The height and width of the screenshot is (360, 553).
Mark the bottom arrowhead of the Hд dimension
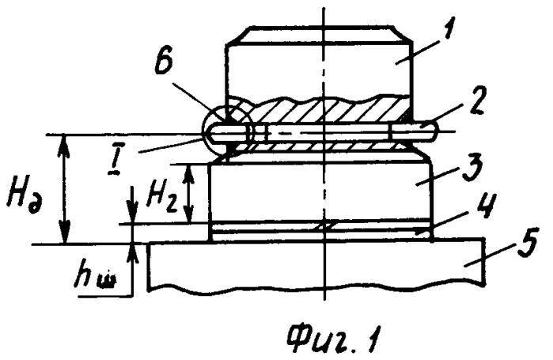tap(63, 233)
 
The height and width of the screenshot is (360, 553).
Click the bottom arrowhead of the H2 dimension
tap(189, 214)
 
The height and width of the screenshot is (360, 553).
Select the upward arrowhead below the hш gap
tap(133, 252)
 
